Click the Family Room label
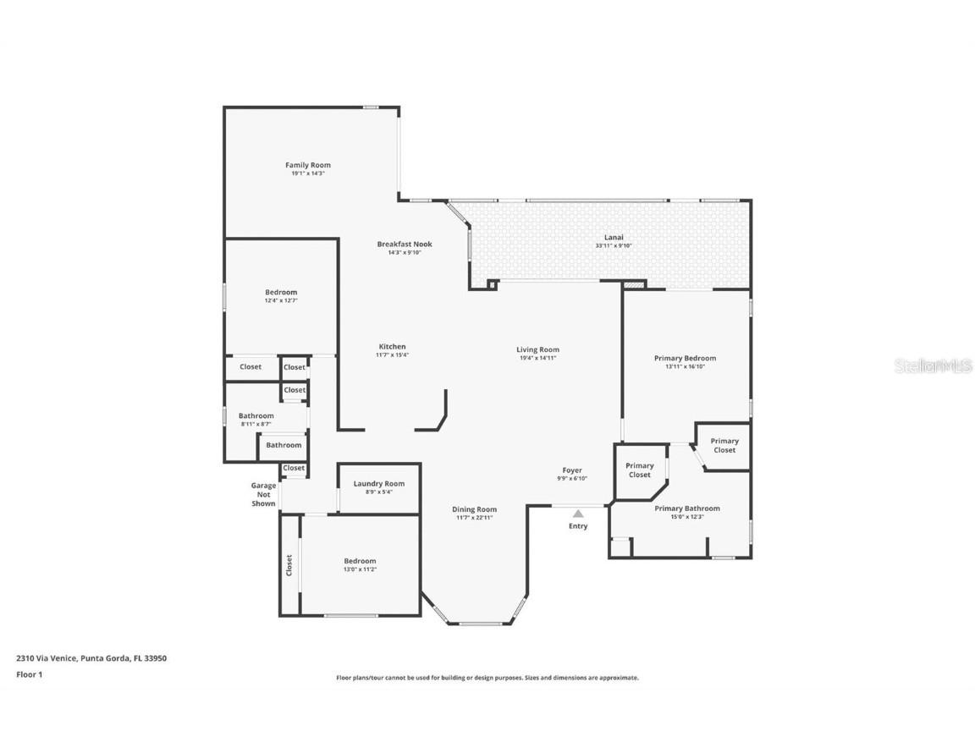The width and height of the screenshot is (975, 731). [x=307, y=165]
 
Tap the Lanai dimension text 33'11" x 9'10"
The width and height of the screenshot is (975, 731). [x=614, y=246]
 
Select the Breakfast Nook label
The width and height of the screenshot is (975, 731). [x=405, y=244]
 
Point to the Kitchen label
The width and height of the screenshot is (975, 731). [x=392, y=346]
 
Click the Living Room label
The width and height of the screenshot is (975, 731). [x=538, y=349]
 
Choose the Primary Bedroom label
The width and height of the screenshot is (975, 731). [x=685, y=358]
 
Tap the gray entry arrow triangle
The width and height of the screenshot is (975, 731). [x=578, y=513]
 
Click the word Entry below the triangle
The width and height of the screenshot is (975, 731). [x=578, y=526]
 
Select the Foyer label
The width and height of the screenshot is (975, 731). [x=573, y=470]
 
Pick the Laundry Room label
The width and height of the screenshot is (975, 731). [x=378, y=483]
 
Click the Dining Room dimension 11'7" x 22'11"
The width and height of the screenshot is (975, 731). [x=474, y=517]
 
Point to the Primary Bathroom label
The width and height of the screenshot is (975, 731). [x=687, y=508]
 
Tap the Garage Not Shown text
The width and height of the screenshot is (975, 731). [x=263, y=494]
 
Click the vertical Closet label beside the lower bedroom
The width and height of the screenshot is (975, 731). [x=289, y=564]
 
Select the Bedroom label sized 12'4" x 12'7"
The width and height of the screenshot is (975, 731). [x=281, y=292]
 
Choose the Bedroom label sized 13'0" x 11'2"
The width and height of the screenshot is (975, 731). [x=360, y=561]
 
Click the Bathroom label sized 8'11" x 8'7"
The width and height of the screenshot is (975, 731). [x=256, y=415]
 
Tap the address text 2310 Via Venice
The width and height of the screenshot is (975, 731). [x=47, y=657]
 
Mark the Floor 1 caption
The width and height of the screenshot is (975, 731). [x=29, y=674]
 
